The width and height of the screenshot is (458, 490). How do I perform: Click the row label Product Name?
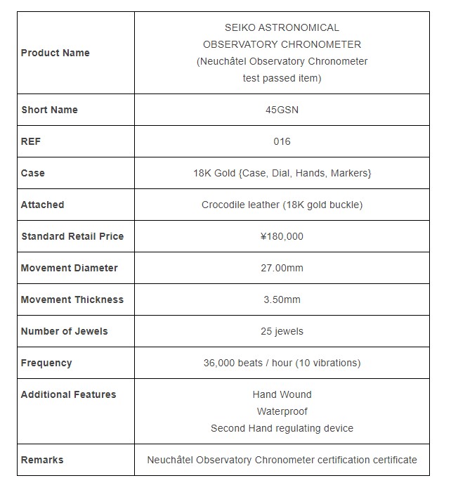pyautogui.click(x=55, y=53)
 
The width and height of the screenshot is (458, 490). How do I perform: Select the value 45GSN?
pyautogui.click(x=282, y=110)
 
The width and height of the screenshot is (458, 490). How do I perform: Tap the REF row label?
pyautogui.click(x=31, y=141)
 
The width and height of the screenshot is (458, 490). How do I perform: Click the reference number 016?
pyautogui.click(x=282, y=141)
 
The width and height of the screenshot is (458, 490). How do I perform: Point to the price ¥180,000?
pyautogui.click(x=282, y=236)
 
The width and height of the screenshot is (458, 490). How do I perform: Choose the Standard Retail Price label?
pyautogui.click(x=72, y=236)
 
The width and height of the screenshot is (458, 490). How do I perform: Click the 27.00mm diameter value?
pyautogui.click(x=282, y=268)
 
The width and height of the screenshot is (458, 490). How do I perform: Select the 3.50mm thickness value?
pyautogui.click(x=282, y=299)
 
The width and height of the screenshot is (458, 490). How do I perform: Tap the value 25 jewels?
pyautogui.click(x=282, y=331)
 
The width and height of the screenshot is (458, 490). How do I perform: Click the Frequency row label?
pyautogui.click(x=46, y=363)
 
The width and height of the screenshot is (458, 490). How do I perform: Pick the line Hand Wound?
pyautogui.click(x=282, y=394)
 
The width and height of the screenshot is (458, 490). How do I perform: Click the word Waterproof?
pyautogui.click(x=282, y=411)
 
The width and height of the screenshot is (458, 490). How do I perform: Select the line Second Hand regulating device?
pyautogui.click(x=282, y=428)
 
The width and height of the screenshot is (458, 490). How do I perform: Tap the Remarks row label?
pyautogui.click(x=42, y=460)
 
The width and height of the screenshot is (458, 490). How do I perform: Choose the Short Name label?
pyautogui.click(x=49, y=110)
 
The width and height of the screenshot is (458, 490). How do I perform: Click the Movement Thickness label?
pyautogui.click(x=72, y=299)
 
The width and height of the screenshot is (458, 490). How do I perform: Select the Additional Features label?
pyautogui.click(x=68, y=394)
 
